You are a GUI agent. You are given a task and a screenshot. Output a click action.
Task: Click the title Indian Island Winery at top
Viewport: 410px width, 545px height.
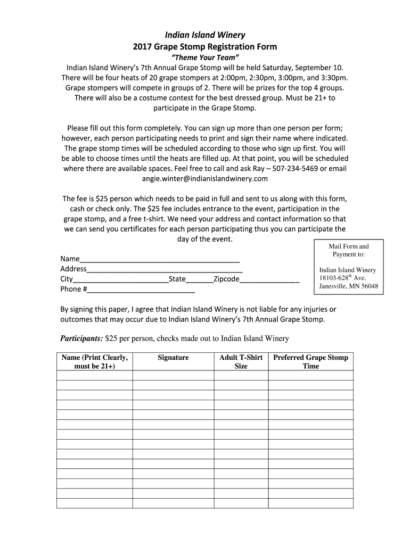[204, 35]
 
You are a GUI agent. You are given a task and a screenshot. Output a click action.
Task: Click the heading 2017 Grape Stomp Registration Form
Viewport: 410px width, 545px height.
[204, 47]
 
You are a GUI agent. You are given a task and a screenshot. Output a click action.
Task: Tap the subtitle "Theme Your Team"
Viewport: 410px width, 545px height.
[204, 57]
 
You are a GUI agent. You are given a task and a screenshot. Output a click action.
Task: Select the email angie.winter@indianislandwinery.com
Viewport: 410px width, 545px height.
[204, 179]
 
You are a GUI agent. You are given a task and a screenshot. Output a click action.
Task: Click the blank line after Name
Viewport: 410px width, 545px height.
[160, 259]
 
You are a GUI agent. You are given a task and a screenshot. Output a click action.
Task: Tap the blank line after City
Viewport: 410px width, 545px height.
[120, 279]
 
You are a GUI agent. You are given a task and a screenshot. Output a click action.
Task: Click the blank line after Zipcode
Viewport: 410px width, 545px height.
[269, 279]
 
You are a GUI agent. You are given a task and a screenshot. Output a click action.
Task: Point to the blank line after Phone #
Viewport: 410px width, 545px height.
[141, 290]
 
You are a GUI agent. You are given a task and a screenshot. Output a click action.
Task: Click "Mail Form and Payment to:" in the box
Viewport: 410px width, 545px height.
[348, 250]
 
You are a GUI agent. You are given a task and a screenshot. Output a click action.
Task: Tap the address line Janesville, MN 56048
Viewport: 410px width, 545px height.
[348, 286]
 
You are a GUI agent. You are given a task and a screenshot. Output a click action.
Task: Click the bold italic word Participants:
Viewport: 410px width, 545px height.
[81, 338]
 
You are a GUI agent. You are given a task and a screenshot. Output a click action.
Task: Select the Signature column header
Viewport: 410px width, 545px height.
[173, 358]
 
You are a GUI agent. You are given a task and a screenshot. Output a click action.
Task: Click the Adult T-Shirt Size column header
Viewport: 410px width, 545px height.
[241, 362]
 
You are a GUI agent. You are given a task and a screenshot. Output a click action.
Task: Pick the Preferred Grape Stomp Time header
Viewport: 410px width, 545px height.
[310, 362]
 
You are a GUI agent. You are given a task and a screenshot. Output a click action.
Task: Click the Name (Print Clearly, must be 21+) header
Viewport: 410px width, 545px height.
[94, 362]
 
